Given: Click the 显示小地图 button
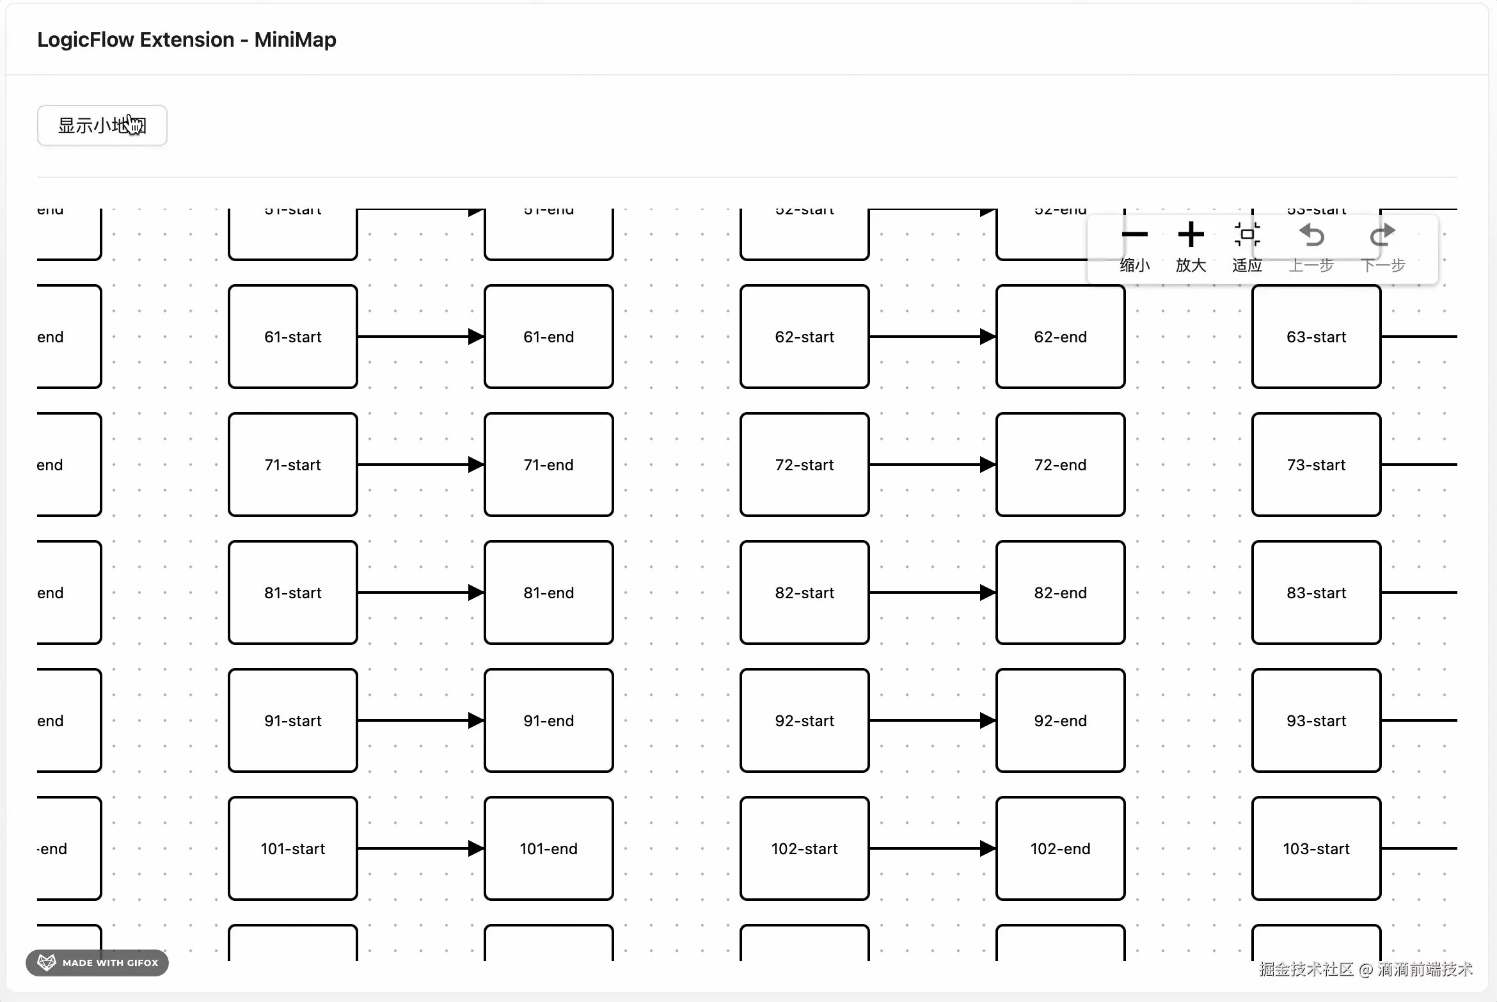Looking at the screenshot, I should [x=102, y=125].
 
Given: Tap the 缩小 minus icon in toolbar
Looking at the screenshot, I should [x=1134, y=235].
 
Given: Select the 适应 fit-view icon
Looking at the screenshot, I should [x=1247, y=235].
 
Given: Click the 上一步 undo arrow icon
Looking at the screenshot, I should [x=1311, y=235].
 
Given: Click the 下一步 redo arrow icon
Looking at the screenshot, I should [x=1382, y=235].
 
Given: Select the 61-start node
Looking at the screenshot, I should [x=292, y=337].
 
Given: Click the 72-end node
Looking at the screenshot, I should [x=1060, y=465].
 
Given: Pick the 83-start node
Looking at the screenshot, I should [x=1316, y=592].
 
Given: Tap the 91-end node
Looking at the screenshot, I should [x=548, y=720].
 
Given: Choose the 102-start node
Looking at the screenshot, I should [x=804, y=848].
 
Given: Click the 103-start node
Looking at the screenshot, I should [x=1316, y=848].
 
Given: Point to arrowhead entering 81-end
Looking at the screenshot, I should [x=476, y=592].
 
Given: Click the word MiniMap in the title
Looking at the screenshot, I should [x=295, y=40].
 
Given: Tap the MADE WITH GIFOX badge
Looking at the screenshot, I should [x=97, y=962].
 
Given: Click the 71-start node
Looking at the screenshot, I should [x=292, y=465].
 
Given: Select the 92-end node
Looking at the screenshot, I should [x=1060, y=720].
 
